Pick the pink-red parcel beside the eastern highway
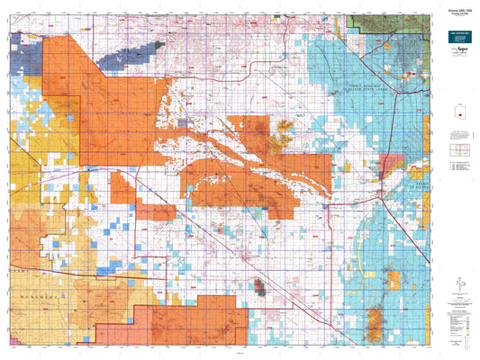(390, 165)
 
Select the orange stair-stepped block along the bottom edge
(189, 324)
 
